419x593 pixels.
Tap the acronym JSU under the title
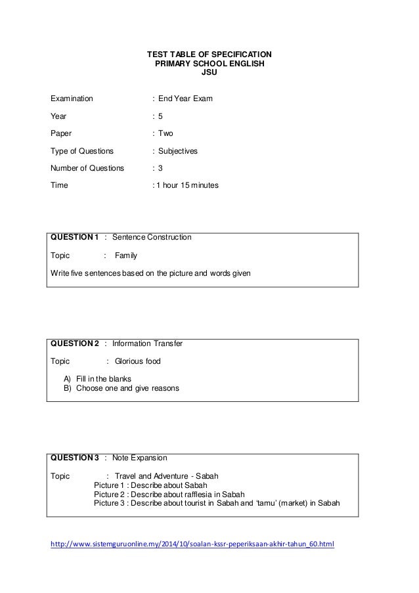pyautogui.click(x=208, y=74)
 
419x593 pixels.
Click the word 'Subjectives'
pyautogui.click(x=178, y=151)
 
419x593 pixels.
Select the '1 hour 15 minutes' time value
pyautogui.click(x=188, y=186)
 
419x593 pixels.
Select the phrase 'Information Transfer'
pyautogui.click(x=147, y=343)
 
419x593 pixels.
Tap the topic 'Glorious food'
pyautogui.click(x=137, y=361)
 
